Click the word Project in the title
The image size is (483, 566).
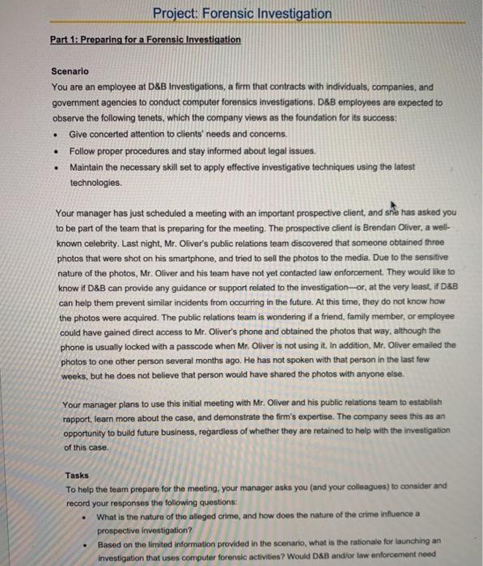(x=176, y=14)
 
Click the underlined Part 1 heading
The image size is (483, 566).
(x=145, y=39)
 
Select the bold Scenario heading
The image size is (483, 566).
(x=70, y=72)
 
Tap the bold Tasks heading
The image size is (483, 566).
(x=78, y=475)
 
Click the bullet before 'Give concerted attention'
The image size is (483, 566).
(x=55, y=133)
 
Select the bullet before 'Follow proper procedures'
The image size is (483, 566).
(x=55, y=150)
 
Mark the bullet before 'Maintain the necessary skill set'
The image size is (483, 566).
(x=55, y=167)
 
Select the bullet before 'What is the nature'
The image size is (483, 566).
(x=85, y=516)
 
